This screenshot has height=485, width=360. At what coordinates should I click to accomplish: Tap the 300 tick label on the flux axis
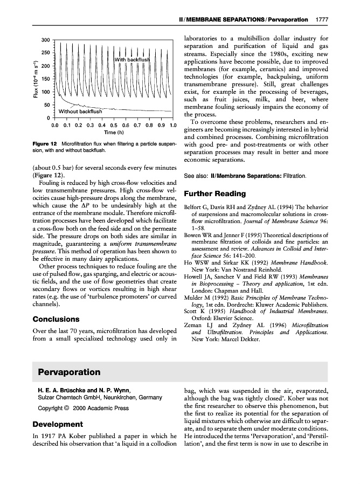[x=46, y=40]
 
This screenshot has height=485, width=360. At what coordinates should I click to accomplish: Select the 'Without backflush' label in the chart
[x=80, y=112]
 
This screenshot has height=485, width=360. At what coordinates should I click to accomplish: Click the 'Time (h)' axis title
[x=114, y=133]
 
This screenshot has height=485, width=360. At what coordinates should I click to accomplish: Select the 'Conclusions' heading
[x=56, y=319]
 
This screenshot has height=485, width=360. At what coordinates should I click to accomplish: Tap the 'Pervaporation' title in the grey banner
[x=70, y=372]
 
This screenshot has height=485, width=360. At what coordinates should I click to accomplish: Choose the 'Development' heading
[x=58, y=424]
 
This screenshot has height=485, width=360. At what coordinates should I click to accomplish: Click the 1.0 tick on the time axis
[x=173, y=126]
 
